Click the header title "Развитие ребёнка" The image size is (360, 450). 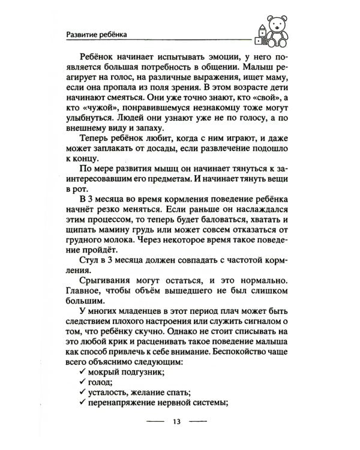(98, 34)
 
